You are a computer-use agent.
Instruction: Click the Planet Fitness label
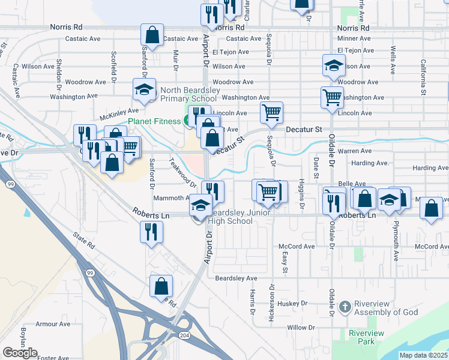pos(154,121)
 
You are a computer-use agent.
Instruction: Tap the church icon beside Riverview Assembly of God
pos(345,308)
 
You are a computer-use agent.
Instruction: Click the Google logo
pos(20,353)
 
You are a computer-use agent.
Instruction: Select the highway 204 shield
pos(184,335)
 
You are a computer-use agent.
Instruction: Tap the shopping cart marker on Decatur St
pos(271,112)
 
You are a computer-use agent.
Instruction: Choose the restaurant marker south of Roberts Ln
pos(151,232)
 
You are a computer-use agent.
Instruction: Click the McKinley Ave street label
pos(119,110)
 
